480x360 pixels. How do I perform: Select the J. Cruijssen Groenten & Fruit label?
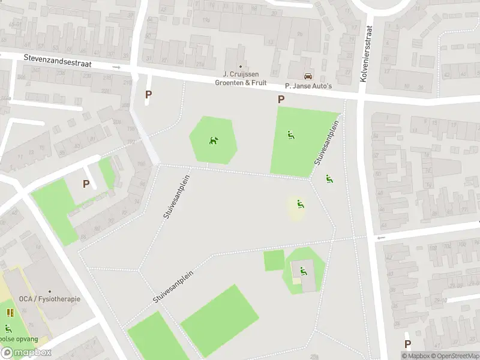pyautogui.click(x=241, y=79)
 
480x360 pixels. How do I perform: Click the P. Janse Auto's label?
pyautogui.click(x=308, y=86)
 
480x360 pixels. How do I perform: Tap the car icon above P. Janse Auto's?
pyautogui.click(x=308, y=76)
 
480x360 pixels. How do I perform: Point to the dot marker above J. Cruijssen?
pyautogui.click(x=241, y=67)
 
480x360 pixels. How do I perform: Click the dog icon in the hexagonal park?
pyautogui.click(x=213, y=141)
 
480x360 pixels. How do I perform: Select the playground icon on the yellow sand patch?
pyautogui.click(x=300, y=205)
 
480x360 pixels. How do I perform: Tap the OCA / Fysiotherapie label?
pyautogui.click(x=49, y=299)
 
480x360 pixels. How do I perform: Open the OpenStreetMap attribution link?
pyautogui.click(x=456, y=356)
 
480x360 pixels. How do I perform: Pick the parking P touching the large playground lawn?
pyautogui.click(x=281, y=100)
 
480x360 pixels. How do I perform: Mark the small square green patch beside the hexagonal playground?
pyautogui.click(x=274, y=260)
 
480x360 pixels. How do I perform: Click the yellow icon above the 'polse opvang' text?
pyautogui.click(x=10, y=313)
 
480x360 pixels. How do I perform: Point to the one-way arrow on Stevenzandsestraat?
pyautogui.click(x=116, y=67)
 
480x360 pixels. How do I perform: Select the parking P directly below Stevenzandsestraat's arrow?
pyautogui.click(x=148, y=94)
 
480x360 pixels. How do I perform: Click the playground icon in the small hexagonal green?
pyautogui.click(x=303, y=271)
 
